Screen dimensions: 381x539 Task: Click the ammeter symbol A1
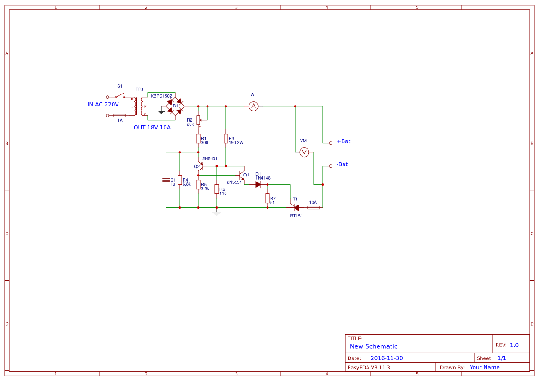pyautogui.click(x=253, y=106)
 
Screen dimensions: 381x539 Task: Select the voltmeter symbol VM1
pyautogui.click(x=304, y=152)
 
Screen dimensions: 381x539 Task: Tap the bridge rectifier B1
pyautogui.click(x=175, y=106)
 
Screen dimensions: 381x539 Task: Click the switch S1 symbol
pyautogui.click(x=119, y=96)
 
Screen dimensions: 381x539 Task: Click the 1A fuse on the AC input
pyautogui.click(x=120, y=115)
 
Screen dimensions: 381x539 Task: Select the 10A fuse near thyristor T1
pyautogui.click(x=313, y=207)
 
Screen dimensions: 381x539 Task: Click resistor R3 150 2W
pyautogui.click(x=225, y=138)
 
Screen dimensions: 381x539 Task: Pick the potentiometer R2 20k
pyautogui.click(x=198, y=120)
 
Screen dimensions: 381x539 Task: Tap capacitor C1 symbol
pyautogui.click(x=166, y=180)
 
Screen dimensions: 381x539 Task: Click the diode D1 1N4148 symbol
pyautogui.click(x=259, y=184)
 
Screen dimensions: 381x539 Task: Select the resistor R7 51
pyautogui.click(x=267, y=198)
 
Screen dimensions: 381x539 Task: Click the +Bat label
pyautogui.click(x=344, y=141)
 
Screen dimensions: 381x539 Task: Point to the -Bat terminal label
pyautogui.click(x=342, y=164)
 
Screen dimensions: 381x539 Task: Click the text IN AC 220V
pyautogui.click(x=103, y=105)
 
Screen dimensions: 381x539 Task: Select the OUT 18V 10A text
pyautogui.click(x=152, y=128)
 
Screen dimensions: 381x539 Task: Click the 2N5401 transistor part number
pyautogui.click(x=210, y=158)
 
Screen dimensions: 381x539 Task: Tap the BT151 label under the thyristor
pyautogui.click(x=296, y=216)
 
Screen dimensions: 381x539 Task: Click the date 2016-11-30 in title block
pyautogui.click(x=386, y=358)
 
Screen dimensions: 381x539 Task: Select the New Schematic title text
pyautogui.click(x=373, y=346)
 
